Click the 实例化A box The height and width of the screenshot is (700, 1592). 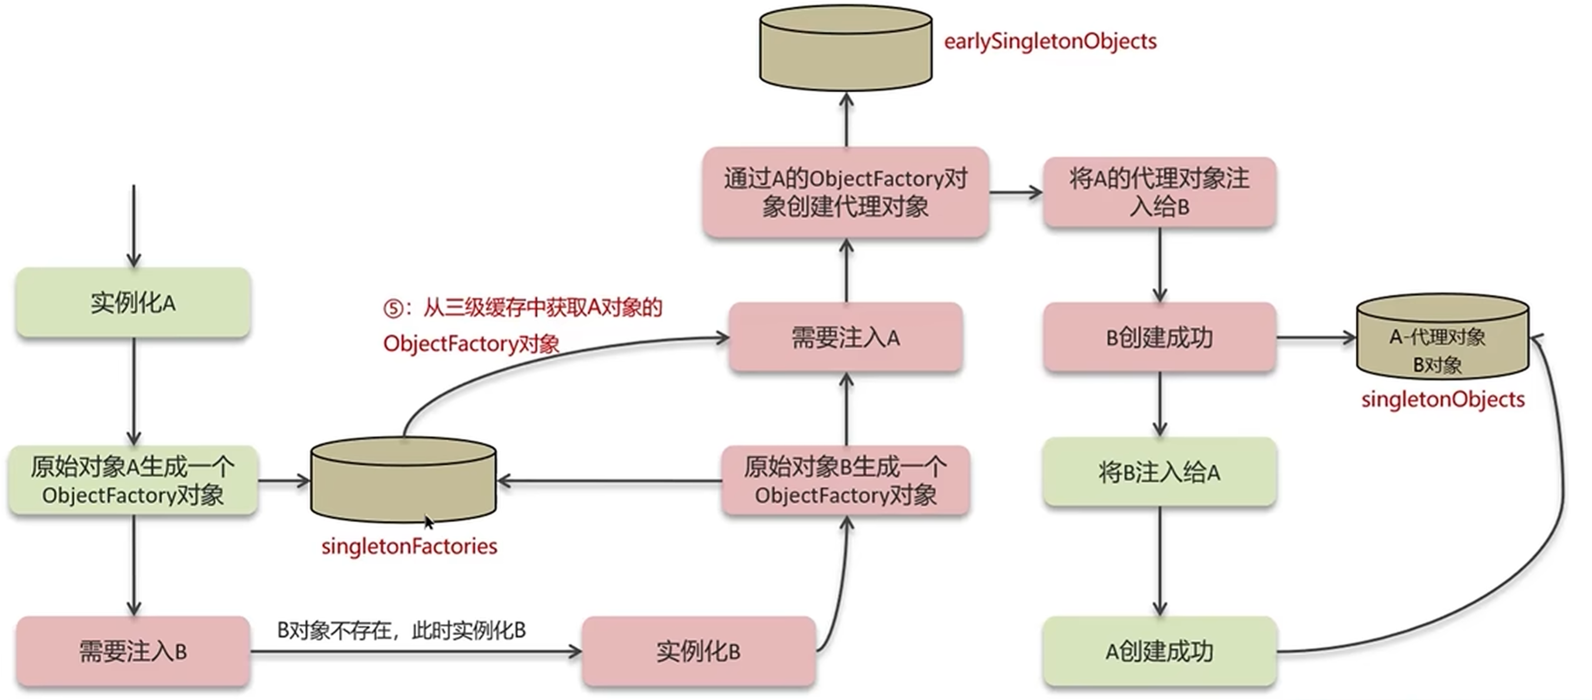133,303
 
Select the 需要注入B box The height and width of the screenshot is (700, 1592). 133,651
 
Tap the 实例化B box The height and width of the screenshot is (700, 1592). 698,651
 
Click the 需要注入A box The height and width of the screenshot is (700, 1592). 845,338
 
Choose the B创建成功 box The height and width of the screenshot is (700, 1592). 1159,338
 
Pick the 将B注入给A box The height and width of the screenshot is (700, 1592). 1159,472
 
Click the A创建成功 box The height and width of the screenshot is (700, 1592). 1159,651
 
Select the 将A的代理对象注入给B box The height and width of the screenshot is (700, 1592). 1159,192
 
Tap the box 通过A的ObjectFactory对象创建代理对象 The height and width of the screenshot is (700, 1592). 845,192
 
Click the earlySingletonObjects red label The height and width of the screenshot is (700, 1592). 1050,41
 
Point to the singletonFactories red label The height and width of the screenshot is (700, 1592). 409,546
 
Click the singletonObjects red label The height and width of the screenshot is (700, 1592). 1443,399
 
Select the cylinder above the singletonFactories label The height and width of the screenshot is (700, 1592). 403,479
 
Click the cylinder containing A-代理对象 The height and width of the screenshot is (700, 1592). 1443,337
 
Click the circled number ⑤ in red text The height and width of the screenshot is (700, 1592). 393,308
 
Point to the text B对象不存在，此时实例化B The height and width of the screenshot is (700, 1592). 401,630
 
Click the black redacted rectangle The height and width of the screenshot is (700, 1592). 303,99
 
